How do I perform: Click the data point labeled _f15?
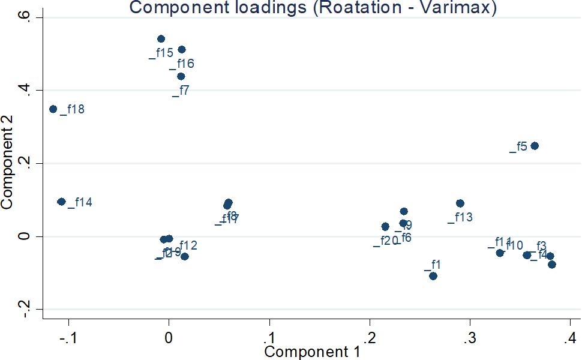[x=161, y=39]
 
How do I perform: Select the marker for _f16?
[x=182, y=50]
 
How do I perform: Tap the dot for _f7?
[x=181, y=76]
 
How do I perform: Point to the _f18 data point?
[x=53, y=109]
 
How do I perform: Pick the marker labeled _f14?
[x=61, y=202]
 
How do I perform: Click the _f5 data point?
[x=535, y=146]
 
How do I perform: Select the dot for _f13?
[x=460, y=203]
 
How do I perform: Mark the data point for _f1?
[x=433, y=276]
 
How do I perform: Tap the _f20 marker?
[x=385, y=227]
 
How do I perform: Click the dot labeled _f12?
[x=185, y=257]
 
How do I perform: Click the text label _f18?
[x=73, y=109]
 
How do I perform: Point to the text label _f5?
[x=518, y=146]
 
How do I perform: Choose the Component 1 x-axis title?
[x=312, y=352]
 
